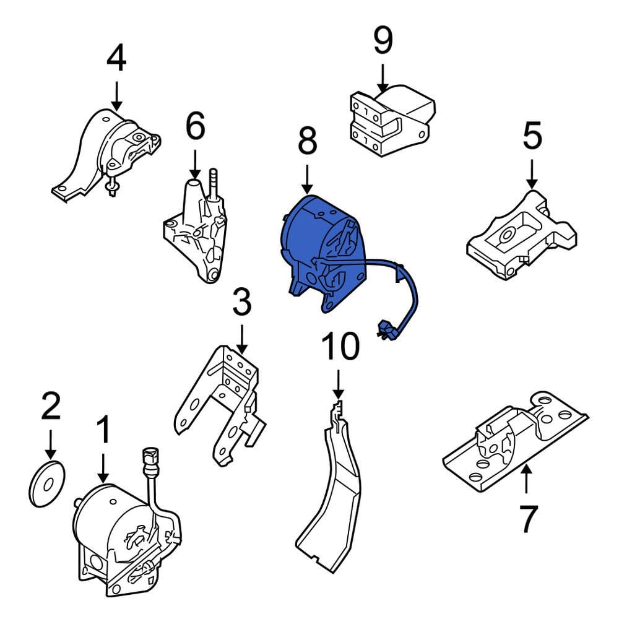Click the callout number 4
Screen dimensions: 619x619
(x=116, y=59)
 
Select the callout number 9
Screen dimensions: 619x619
(x=383, y=41)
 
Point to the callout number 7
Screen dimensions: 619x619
(x=526, y=519)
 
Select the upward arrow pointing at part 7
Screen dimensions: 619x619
(x=526, y=480)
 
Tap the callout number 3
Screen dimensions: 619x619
(x=241, y=303)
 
